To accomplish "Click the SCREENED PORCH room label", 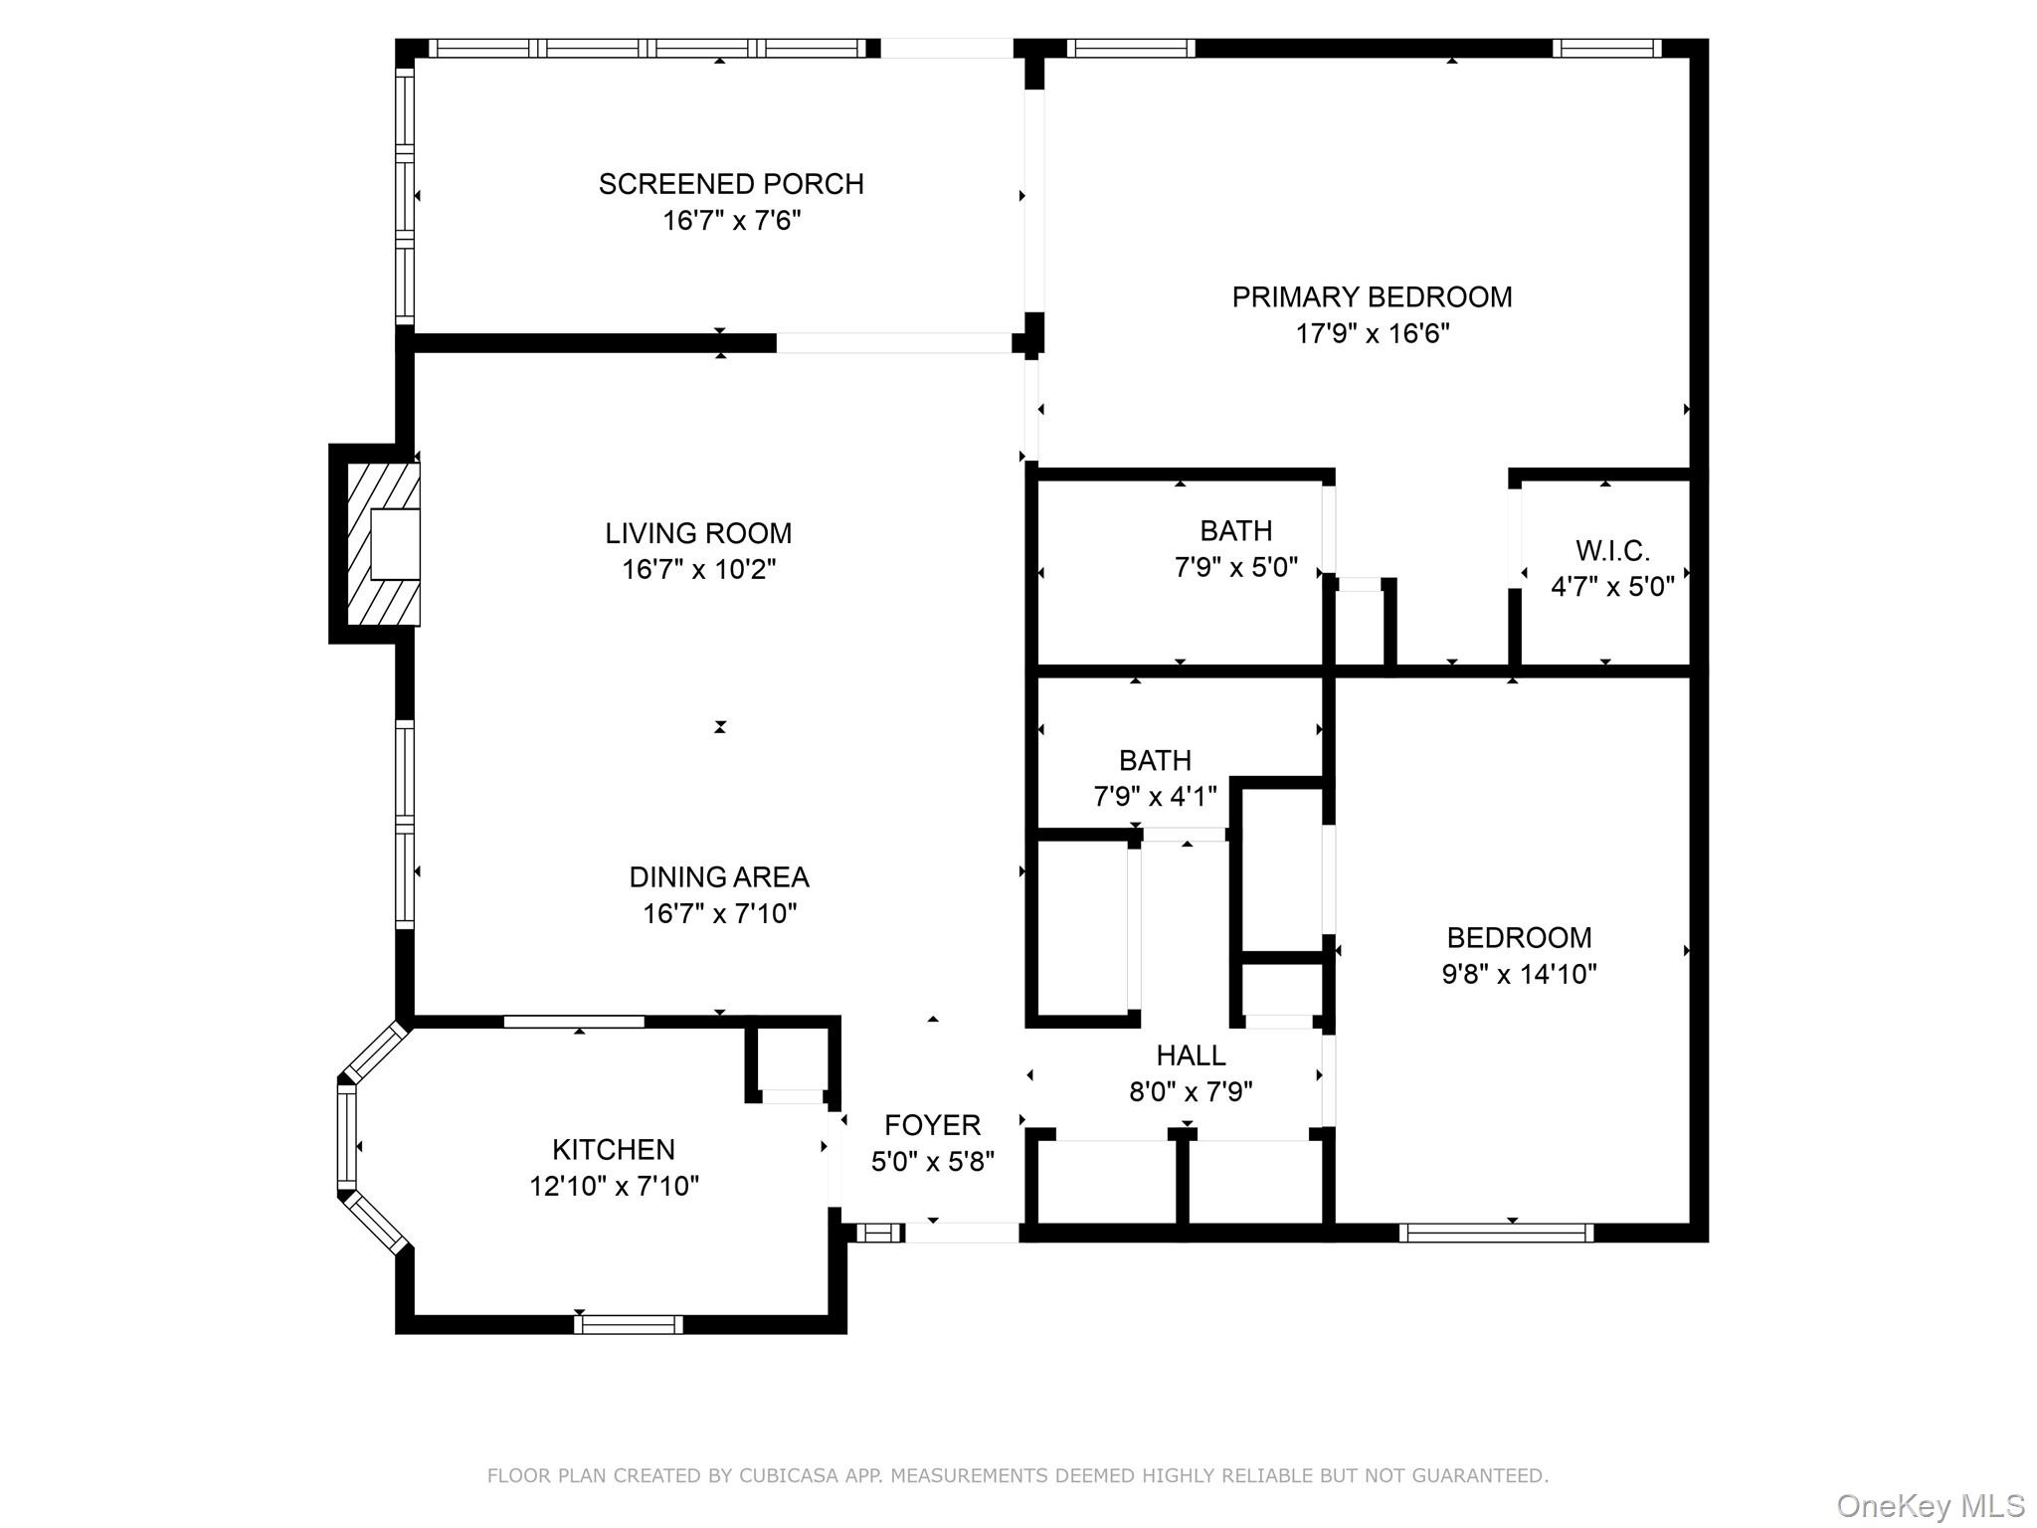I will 731,184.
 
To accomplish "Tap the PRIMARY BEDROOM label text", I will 1372,296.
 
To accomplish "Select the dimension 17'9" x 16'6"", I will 1372,333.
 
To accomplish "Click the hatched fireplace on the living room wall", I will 382,544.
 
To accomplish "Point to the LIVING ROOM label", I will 698,533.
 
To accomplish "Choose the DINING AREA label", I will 719,877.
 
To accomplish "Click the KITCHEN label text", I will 614,1149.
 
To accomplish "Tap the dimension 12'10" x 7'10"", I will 614,1186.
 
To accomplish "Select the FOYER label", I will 932,1125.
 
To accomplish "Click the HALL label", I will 1191,1054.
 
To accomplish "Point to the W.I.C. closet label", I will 1612,550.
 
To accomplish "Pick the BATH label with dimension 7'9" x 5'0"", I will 1235,530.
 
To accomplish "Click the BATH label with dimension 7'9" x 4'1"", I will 1155,760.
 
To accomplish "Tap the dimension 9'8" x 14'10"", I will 1519,974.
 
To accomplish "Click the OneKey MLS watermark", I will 1930,1505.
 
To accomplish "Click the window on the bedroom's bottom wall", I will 1496,1233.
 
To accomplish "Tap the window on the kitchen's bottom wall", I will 629,1324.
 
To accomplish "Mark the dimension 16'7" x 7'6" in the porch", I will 731,221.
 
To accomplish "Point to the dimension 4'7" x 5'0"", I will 1612,587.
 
